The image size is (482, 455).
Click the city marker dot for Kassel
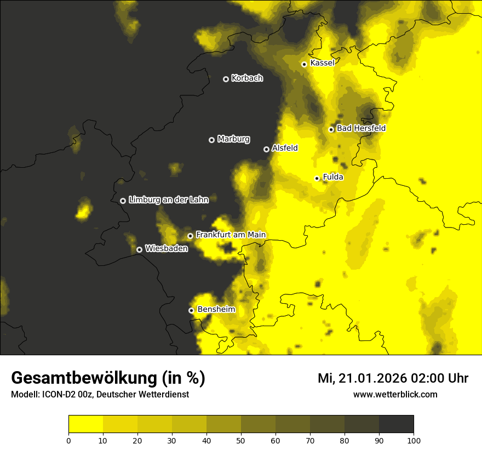tap(304, 64)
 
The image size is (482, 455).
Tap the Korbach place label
tap(247, 78)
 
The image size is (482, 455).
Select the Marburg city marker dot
tap(211, 140)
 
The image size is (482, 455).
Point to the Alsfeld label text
tap(285, 149)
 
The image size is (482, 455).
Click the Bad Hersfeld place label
tap(361, 128)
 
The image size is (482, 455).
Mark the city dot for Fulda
tap(317, 178)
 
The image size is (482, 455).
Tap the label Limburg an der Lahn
tap(168, 200)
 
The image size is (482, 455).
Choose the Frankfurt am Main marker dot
tap(190, 236)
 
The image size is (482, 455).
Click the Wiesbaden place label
tap(166, 249)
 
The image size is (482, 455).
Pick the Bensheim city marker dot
tap(191, 310)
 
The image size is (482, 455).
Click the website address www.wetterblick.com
tap(395, 394)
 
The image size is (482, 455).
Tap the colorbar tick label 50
tap(241, 440)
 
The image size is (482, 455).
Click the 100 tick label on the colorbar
tap(414, 440)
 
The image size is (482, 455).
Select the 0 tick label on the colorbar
tap(68, 440)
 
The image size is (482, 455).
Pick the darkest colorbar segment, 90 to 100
tap(396, 424)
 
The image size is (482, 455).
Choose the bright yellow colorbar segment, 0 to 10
tap(85, 424)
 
